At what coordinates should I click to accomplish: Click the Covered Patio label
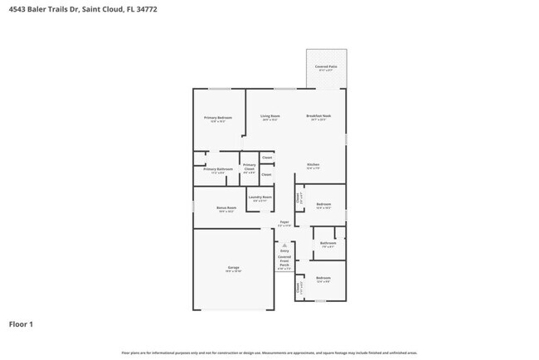(x=325, y=66)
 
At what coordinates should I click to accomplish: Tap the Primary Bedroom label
(x=218, y=118)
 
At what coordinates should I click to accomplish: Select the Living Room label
(x=269, y=116)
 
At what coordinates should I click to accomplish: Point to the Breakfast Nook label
(x=319, y=116)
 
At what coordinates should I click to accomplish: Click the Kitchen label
(x=313, y=164)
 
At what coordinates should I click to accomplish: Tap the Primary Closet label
(x=249, y=167)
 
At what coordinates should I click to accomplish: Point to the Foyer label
(x=284, y=222)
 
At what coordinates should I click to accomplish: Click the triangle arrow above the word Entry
(x=284, y=245)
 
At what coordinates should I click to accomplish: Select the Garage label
(x=234, y=267)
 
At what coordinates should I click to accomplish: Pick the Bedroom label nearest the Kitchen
(x=323, y=205)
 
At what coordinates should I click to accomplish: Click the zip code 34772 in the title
(x=148, y=9)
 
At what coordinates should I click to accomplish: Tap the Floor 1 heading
(x=21, y=324)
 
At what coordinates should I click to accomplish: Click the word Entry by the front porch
(x=284, y=251)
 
